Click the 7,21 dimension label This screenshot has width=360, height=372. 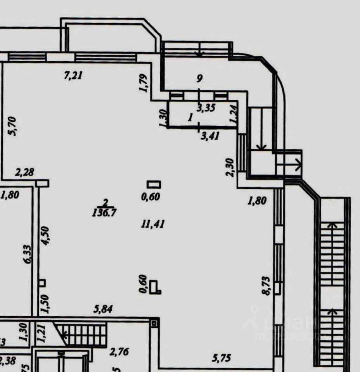tap(73, 76)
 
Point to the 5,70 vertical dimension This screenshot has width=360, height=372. tap(12, 127)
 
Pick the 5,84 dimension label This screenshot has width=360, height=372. tap(105, 310)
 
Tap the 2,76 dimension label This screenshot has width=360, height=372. tap(119, 352)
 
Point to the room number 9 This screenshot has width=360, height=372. tap(199, 79)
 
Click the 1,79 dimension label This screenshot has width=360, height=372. tap(144, 83)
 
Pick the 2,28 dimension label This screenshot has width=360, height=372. tap(24, 172)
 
